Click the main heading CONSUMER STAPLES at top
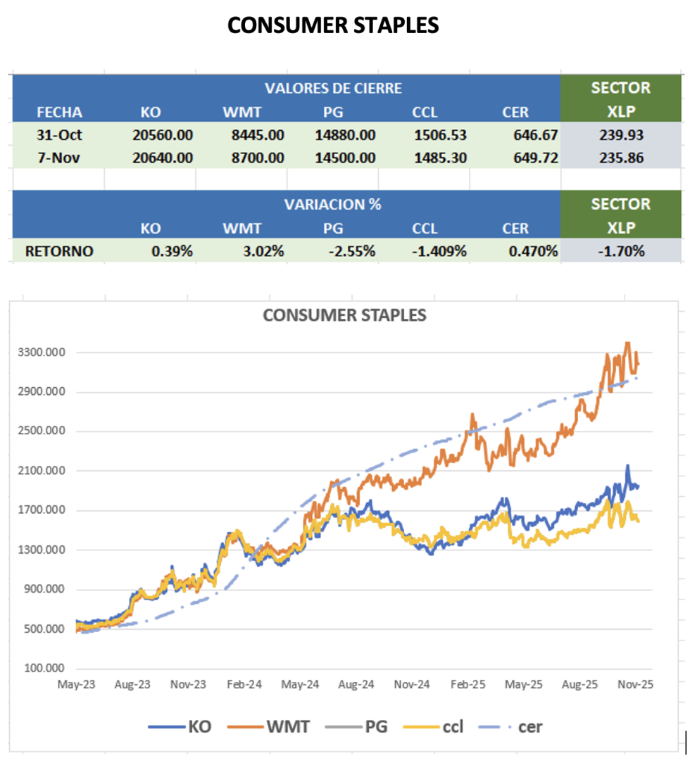(333, 25)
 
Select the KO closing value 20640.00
(163, 158)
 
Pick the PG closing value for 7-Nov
(345, 158)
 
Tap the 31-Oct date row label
(59, 134)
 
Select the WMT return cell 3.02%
(262, 251)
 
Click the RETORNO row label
(59, 251)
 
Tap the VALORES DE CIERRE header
(333, 88)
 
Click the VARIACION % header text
(333, 204)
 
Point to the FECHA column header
(59, 112)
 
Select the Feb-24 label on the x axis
(244, 684)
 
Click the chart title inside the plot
(344, 315)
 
